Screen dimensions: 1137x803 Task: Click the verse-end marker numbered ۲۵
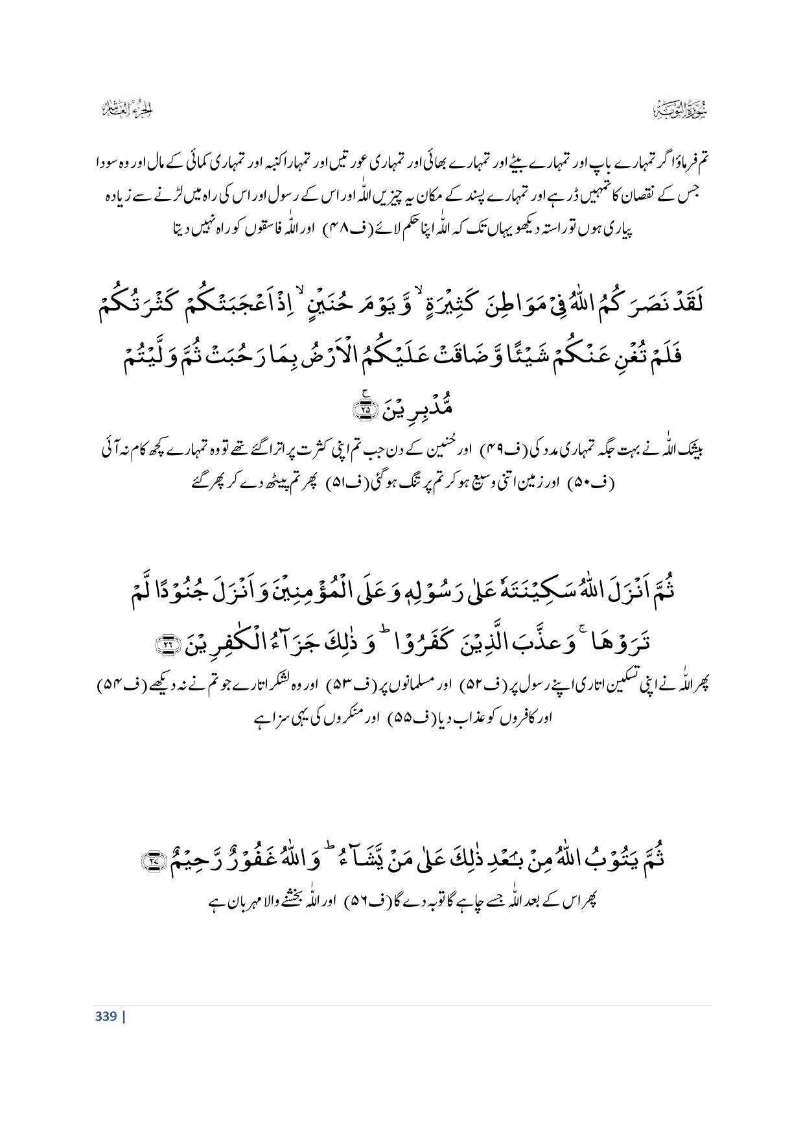pos(366,410)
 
